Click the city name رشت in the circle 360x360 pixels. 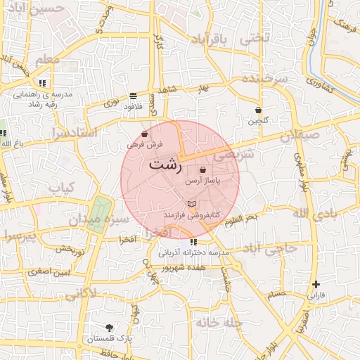165,167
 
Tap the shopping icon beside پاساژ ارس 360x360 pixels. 203,170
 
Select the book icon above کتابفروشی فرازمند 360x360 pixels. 192,203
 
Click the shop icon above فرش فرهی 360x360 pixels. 145,134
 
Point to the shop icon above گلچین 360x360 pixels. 259,110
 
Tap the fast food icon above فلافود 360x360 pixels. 133,96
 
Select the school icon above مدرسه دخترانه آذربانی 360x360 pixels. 193,243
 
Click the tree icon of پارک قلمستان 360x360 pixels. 109,328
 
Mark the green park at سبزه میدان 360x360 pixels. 100,212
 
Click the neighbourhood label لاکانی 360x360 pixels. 82,292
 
